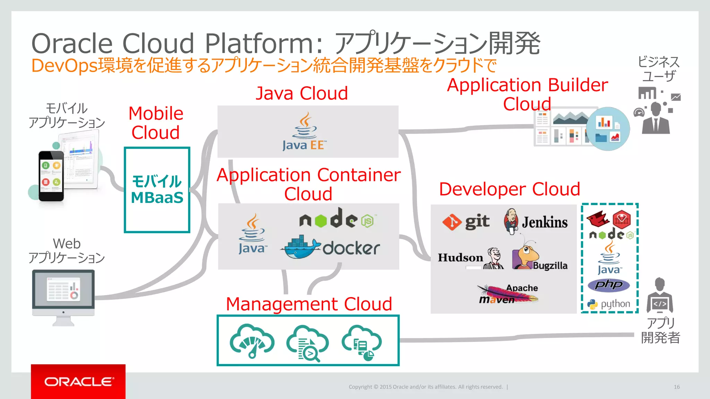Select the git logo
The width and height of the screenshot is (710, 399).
tap(466, 222)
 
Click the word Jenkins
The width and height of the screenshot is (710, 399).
tap(545, 222)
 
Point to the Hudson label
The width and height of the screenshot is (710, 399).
tap(460, 258)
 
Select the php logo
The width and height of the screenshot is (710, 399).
tap(609, 285)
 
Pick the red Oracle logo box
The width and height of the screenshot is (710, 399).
tap(78, 381)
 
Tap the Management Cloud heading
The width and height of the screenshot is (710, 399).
tap(309, 304)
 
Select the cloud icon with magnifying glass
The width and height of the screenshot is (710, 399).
tap(308, 343)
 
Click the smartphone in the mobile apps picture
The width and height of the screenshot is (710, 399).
tap(51, 176)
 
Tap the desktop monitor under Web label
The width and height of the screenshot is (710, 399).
tap(63, 293)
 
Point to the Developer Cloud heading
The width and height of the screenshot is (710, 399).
tap(509, 189)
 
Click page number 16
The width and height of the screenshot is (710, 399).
tap(676, 387)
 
